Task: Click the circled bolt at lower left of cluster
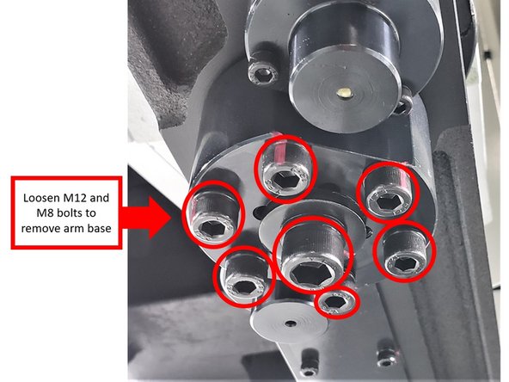243,279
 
